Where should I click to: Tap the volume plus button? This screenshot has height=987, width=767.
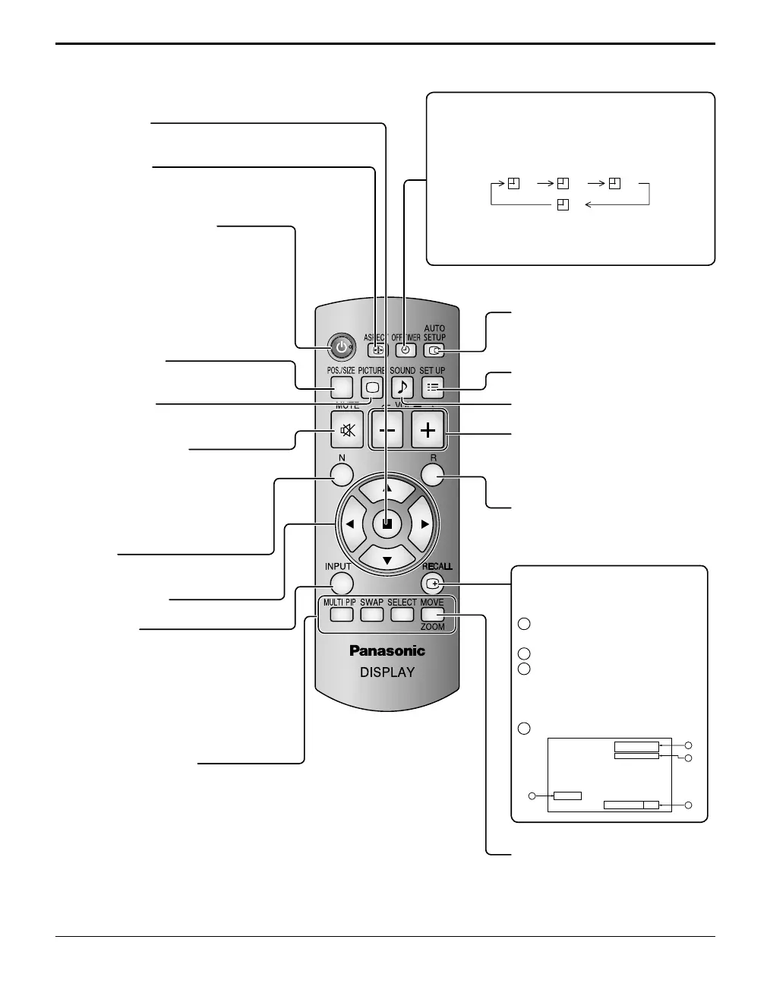[428, 431]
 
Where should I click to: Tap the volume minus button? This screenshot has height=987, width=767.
[387, 431]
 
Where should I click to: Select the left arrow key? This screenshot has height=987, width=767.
[350, 524]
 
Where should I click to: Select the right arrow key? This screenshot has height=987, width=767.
[425, 524]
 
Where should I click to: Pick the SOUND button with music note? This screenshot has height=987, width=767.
[402, 387]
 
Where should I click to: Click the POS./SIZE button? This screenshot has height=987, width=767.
[342, 387]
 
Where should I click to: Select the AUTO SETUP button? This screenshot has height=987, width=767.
[434, 350]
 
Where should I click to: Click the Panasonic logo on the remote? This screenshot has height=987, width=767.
[387, 650]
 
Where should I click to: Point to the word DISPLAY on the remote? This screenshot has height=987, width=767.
[387, 672]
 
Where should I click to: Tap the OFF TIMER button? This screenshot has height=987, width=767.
[406, 350]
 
